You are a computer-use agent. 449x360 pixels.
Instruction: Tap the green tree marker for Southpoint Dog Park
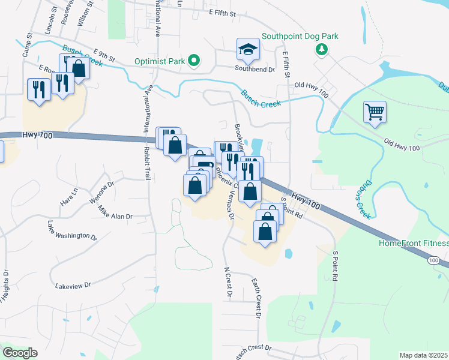coord(322,49)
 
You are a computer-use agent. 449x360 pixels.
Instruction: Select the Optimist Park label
coord(157,60)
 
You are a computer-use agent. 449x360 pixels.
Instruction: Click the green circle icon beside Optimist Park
coord(194,60)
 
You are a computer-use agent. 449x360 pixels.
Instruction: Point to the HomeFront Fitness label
coord(413,243)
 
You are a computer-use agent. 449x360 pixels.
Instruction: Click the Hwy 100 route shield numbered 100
coord(434,260)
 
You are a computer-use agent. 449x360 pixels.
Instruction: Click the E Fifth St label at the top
coord(228,12)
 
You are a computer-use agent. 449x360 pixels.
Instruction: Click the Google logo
coord(20,353)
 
